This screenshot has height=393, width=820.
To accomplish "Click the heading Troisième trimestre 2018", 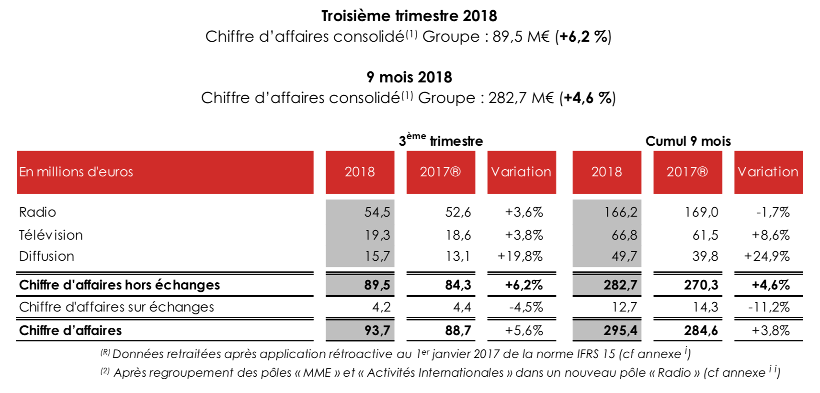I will click(409, 16).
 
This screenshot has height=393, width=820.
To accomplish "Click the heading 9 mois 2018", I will click(409, 77).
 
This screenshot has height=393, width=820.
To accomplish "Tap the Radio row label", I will click(37, 212).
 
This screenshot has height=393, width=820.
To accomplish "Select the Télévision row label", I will click(51, 235).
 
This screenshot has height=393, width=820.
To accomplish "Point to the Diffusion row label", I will click(46, 256).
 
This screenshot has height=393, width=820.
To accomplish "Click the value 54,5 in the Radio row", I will click(377, 212).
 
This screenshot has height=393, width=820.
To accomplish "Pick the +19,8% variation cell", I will click(520, 256).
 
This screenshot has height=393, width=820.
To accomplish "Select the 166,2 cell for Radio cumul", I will click(621, 212).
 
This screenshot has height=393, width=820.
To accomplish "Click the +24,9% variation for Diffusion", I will click(766, 256).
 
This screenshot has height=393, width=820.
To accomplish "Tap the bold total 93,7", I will click(377, 330).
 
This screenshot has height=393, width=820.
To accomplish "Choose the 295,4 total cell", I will click(620, 330).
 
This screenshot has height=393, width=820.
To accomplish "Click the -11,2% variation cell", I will click(769, 307).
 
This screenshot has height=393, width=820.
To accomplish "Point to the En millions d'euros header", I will click(76, 172).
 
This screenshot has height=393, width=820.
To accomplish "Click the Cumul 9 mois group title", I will click(688, 141).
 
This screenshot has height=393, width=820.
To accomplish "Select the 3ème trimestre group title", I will click(441, 140).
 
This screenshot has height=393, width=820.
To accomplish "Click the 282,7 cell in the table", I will click(620, 285).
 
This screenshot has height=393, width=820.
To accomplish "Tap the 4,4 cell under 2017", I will click(462, 307).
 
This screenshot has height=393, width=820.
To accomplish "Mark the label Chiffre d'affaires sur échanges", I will click(116, 307).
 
